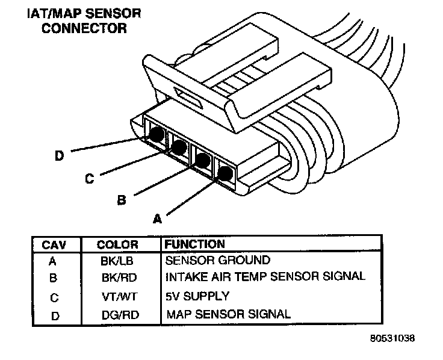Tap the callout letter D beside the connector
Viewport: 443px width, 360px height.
pos(59,156)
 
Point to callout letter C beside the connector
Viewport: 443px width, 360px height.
pos(89,179)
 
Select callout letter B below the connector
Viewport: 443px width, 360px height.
pos(121,200)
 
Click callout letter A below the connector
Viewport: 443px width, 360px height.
pos(158,220)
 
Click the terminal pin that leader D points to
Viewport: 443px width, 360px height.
pos(156,135)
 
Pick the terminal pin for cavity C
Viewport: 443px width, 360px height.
pos(179,146)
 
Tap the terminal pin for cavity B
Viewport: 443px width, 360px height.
pos(203,160)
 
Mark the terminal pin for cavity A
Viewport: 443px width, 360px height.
pos(225,174)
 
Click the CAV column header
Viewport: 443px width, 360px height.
pos(53,245)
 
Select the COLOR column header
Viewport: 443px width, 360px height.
pos(117,245)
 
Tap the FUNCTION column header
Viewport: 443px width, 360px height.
pos(194,244)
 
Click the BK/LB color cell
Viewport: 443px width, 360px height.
pos(117,261)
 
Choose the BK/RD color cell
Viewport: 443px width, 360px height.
pos(117,278)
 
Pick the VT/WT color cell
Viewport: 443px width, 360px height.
pos(117,296)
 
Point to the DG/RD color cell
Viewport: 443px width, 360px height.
pos(117,314)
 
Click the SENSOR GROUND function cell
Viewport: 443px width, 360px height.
pos(217,261)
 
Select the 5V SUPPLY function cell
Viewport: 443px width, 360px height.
pos(197,296)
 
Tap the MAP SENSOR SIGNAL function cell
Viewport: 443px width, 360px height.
pos(228,313)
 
